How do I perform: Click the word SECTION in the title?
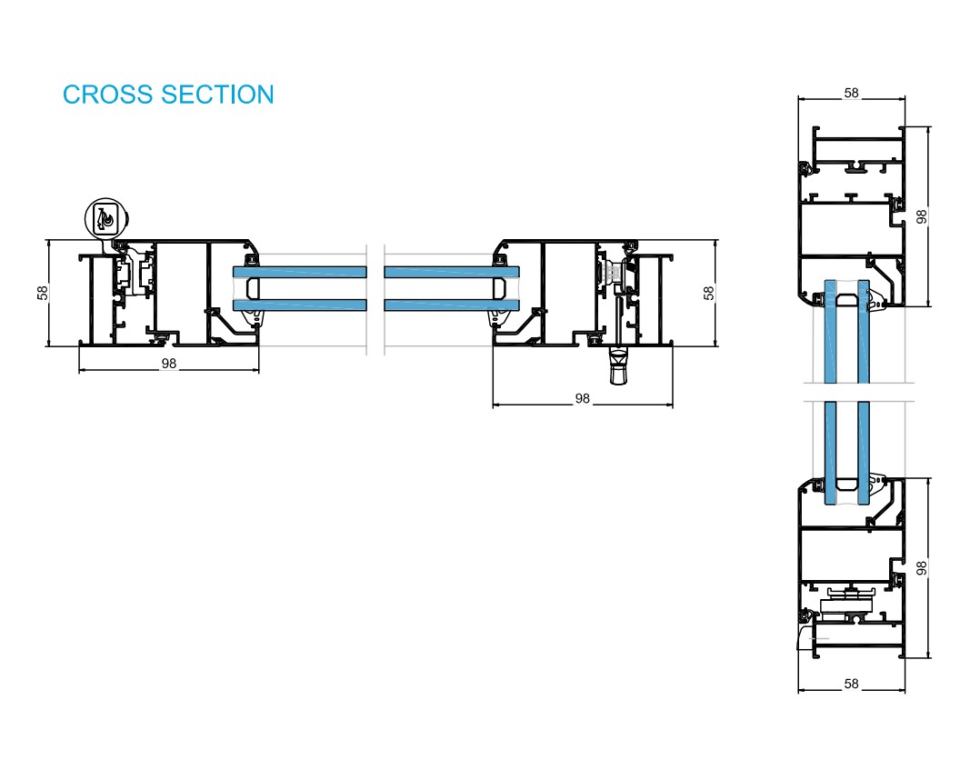click(217, 95)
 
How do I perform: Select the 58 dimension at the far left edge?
click(42, 293)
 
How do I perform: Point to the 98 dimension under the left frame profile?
click(168, 364)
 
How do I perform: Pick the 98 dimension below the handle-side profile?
click(583, 398)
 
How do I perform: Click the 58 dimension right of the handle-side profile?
click(709, 293)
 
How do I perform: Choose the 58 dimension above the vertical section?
click(851, 93)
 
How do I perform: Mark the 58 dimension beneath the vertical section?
click(851, 684)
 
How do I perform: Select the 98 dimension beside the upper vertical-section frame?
click(922, 216)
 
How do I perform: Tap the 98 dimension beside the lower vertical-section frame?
click(922, 567)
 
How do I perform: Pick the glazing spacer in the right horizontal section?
click(499, 288)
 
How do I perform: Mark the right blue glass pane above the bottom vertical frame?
click(862, 445)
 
